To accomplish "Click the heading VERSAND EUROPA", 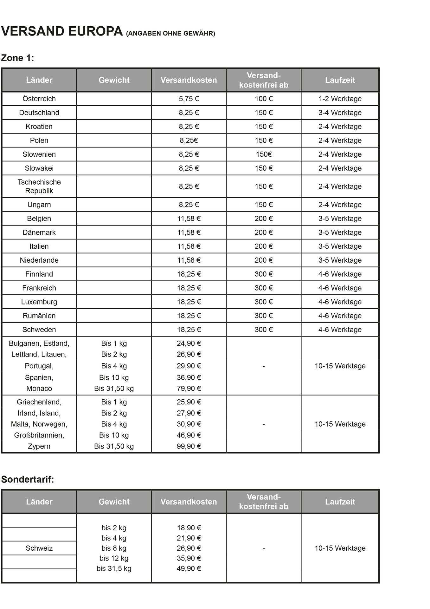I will click(62, 32).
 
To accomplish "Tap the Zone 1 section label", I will click(18, 58).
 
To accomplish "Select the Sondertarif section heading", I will click(28, 479).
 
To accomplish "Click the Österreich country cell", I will click(39, 99).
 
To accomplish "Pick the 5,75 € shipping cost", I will click(189, 99).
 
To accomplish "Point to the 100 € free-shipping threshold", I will click(263, 99).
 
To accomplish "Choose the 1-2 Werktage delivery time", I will click(340, 99).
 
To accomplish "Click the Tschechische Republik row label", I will click(39, 186).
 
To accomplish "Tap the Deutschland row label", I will click(39, 113).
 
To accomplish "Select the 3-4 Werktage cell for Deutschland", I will click(340, 113).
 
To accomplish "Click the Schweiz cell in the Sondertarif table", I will click(39, 548).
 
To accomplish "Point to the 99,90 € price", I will click(189, 446).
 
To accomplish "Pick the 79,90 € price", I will click(189, 388).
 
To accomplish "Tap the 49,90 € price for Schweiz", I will click(189, 568).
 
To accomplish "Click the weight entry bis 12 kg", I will click(114, 558).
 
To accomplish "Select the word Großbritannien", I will click(39, 435).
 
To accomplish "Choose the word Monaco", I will click(39, 388).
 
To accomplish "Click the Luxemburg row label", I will click(39, 302).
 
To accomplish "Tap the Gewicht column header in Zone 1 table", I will click(114, 80).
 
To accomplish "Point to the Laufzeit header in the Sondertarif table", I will click(340, 501).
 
